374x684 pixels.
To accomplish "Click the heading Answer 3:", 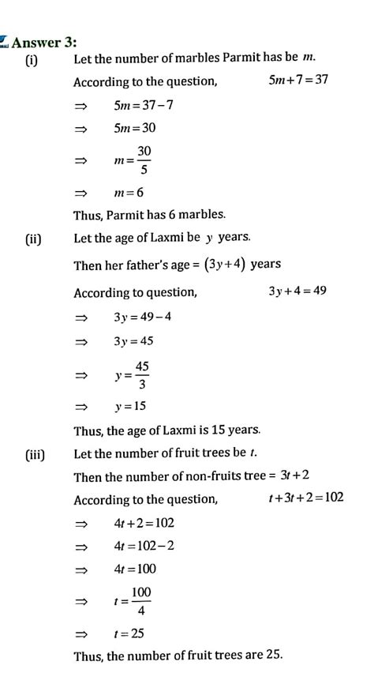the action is click(x=48, y=42).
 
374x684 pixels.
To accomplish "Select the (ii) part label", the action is click(x=33, y=238).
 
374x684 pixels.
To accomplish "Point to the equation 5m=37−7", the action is click(x=143, y=104).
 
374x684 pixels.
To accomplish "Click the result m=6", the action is click(x=129, y=192).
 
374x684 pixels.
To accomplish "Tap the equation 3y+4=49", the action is click(x=297, y=291).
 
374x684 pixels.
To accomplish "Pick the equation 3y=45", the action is click(x=133, y=341).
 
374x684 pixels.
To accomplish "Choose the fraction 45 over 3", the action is click(x=142, y=374).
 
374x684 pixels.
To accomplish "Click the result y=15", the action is click(x=130, y=407).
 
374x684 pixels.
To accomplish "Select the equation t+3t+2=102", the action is click(x=305, y=498).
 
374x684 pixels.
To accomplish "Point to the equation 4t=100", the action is click(x=135, y=569).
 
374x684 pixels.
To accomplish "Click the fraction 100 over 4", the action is click(x=141, y=601).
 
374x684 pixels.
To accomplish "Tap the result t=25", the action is click(x=129, y=633).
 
